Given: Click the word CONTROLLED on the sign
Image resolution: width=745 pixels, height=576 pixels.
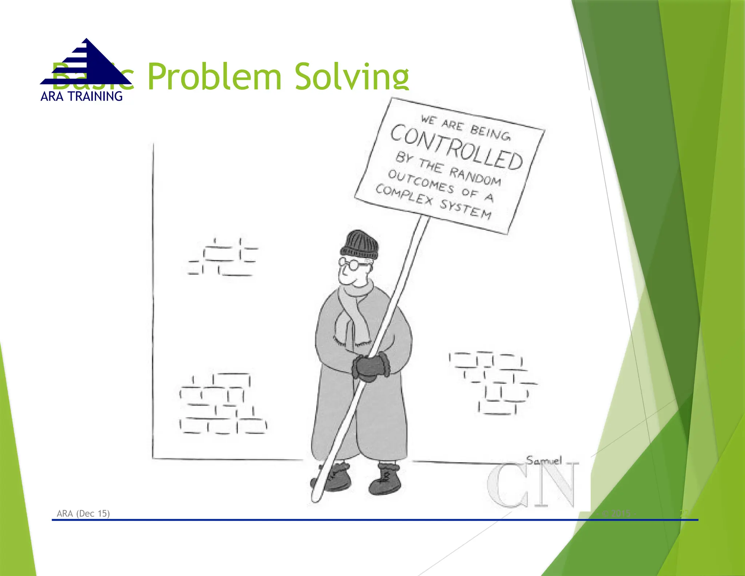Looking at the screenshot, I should click(x=457, y=147).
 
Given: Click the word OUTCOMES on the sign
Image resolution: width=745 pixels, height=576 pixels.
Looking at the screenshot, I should click(x=421, y=181).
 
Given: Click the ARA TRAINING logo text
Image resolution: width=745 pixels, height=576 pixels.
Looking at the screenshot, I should click(x=81, y=96).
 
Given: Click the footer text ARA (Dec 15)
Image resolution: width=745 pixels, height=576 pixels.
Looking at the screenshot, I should click(x=83, y=513).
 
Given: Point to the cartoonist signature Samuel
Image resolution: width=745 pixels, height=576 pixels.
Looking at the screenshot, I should click(x=544, y=461).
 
